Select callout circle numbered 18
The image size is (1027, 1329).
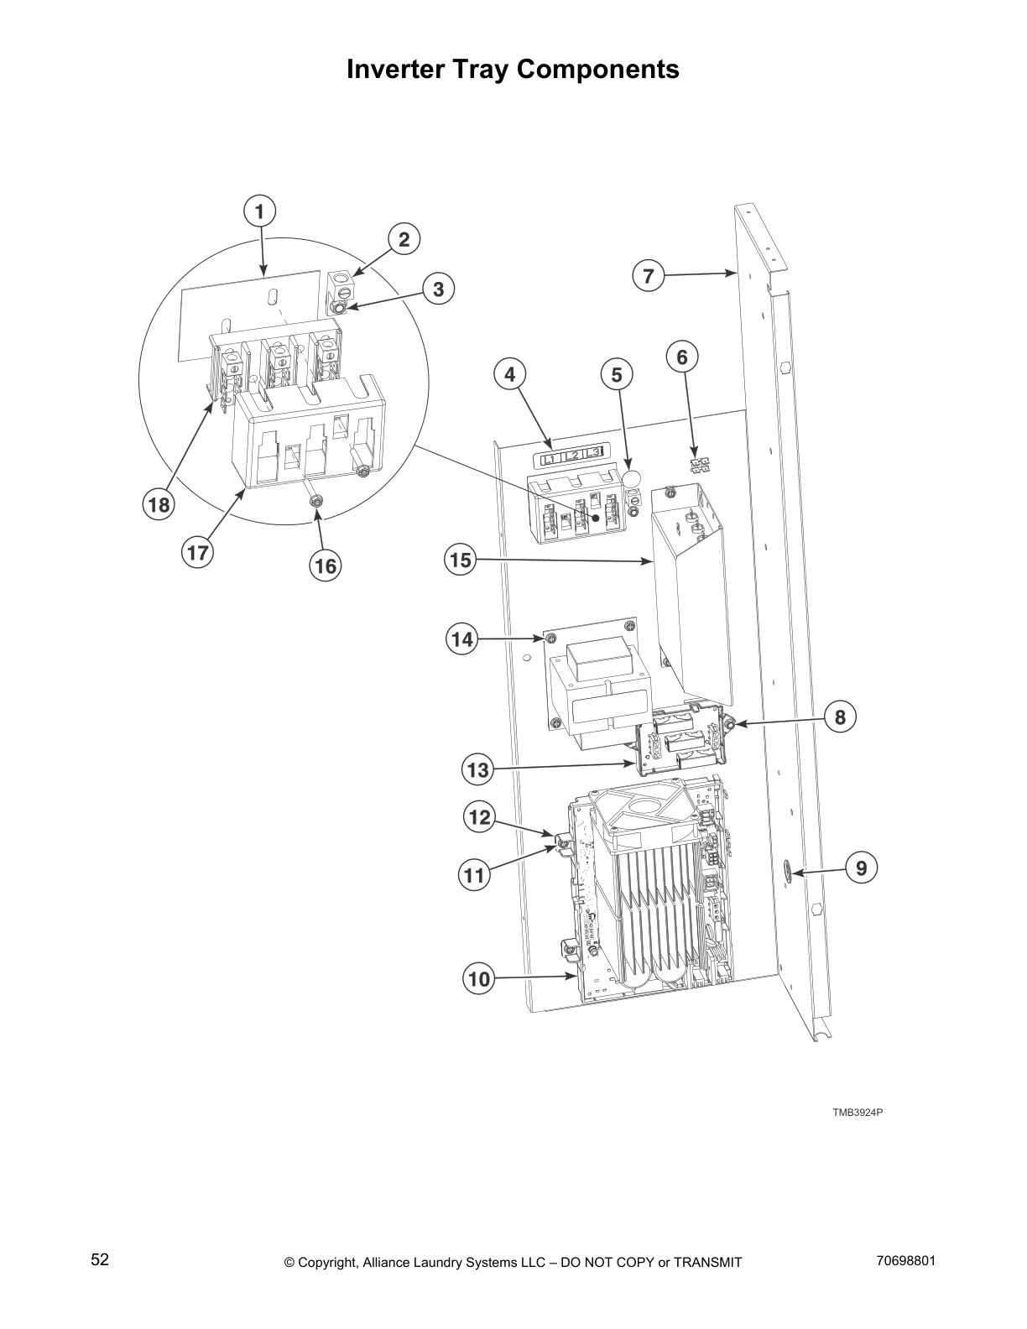(x=156, y=505)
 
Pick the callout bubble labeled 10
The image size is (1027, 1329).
(x=477, y=978)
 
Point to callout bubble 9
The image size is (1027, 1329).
(x=861, y=868)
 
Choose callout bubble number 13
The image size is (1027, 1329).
(x=477, y=769)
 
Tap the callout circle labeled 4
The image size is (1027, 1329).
(x=510, y=375)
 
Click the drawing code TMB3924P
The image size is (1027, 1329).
(x=858, y=1113)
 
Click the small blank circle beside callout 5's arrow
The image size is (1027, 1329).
(x=631, y=478)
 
